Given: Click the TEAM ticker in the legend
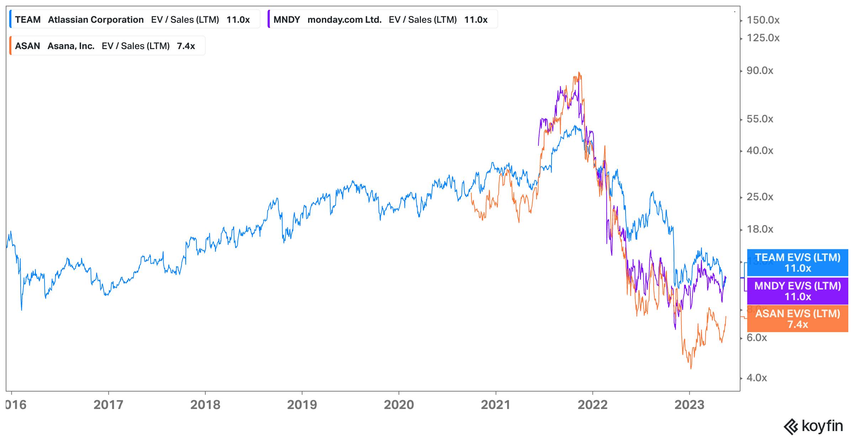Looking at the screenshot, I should tap(28, 20).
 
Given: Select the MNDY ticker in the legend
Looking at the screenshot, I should tap(286, 20).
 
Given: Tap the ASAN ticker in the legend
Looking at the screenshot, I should tap(27, 46).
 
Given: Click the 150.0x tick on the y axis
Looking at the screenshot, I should tap(763, 20).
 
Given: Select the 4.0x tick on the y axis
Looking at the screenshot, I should tap(757, 378).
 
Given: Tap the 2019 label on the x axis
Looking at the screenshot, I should tap(302, 405).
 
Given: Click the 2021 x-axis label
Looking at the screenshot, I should tap(496, 405).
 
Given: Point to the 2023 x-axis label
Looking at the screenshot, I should tap(689, 405).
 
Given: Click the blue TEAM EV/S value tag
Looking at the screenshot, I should tap(798, 262).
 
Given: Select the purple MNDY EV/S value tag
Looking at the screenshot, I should tap(798, 291).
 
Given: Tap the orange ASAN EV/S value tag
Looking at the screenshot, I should tap(798, 319).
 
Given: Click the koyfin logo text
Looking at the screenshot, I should tap(822, 426).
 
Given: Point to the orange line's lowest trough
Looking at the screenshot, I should tap(691, 368).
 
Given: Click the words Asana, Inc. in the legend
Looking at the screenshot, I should tap(71, 46).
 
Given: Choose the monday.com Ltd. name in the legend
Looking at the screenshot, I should tap(344, 20).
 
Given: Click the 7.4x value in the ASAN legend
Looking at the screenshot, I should tap(186, 46).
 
